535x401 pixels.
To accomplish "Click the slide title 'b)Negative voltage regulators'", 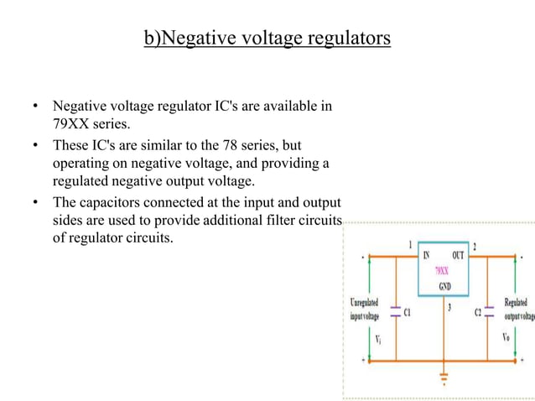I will point(267,39).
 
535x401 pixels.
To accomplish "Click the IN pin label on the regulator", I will point(425,255).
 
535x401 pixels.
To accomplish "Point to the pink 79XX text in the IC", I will point(441,272).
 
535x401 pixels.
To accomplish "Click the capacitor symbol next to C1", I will point(394,310).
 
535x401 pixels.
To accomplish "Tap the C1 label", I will point(408,312).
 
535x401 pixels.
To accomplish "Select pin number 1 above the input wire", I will point(409,245).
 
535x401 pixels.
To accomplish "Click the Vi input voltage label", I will point(379,338).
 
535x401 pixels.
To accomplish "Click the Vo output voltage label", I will point(505,338).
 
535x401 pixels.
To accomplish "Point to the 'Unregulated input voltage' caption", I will point(364,309).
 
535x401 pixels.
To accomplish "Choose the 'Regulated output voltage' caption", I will point(518,309).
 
